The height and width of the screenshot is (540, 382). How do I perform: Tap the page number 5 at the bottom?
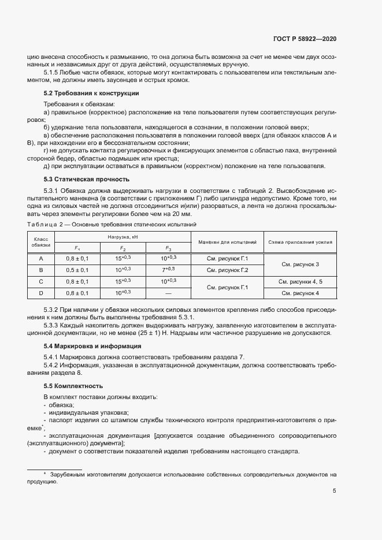(x=335, y=491)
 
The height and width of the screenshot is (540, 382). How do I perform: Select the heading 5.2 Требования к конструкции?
(x=91, y=93)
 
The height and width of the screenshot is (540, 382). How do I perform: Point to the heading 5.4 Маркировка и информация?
(x=92, y=346)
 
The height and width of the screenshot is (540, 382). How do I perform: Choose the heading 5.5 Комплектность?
(x=73, y=385)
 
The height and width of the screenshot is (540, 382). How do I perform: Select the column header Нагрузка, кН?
(x=124, y=237)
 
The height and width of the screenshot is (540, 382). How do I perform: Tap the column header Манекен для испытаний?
(x=227, y=242)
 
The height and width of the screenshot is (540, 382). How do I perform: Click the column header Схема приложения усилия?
(x=300, y=242)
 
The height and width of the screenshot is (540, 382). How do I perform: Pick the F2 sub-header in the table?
(x=123, y=248)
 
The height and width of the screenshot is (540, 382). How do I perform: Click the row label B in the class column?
(x=41, y=270)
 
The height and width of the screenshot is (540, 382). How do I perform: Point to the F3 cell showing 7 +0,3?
(x=168, y=270)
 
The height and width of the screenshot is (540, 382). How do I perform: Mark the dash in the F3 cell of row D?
(x=168, y=293)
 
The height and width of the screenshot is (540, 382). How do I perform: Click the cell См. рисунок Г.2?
(x=227, y=270)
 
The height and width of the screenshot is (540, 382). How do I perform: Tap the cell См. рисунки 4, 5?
(x=300, y=281)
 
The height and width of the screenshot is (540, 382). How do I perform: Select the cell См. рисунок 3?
(x=300, y=264)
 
